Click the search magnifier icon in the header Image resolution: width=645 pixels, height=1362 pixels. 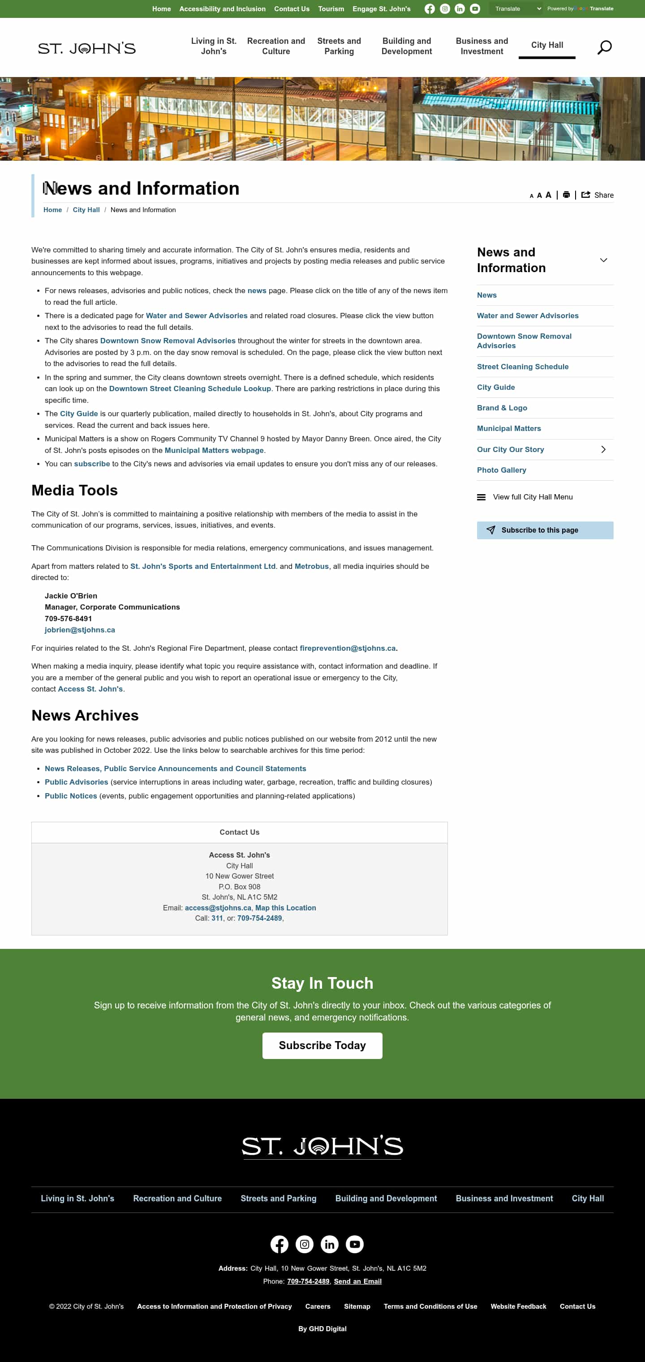tap(604, 47)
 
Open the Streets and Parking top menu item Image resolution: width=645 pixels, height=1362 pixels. tap(339, 46)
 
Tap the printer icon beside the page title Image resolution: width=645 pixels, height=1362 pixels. tap(566, 195)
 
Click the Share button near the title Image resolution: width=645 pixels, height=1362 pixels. tap(598, 195)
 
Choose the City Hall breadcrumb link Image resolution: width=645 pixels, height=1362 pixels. tap(86, 210)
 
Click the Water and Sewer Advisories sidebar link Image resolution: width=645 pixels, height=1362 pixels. tap(527, 316)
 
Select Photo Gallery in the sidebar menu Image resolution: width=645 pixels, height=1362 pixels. tap(501, 470)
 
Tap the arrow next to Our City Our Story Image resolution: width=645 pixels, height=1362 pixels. tap(602, 449)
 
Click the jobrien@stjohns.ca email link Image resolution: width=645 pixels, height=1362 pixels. tap(80, 630)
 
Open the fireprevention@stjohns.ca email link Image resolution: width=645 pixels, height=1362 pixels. tap(347, 648)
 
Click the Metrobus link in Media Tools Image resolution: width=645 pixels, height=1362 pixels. tap(311, 566)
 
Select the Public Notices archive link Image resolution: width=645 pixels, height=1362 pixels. tap(71, 796)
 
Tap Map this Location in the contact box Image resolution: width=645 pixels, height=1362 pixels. tap(285, 908)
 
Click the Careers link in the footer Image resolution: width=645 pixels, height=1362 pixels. tap(318, 1306)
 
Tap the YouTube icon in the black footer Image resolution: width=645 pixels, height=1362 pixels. tap(354, 1244)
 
